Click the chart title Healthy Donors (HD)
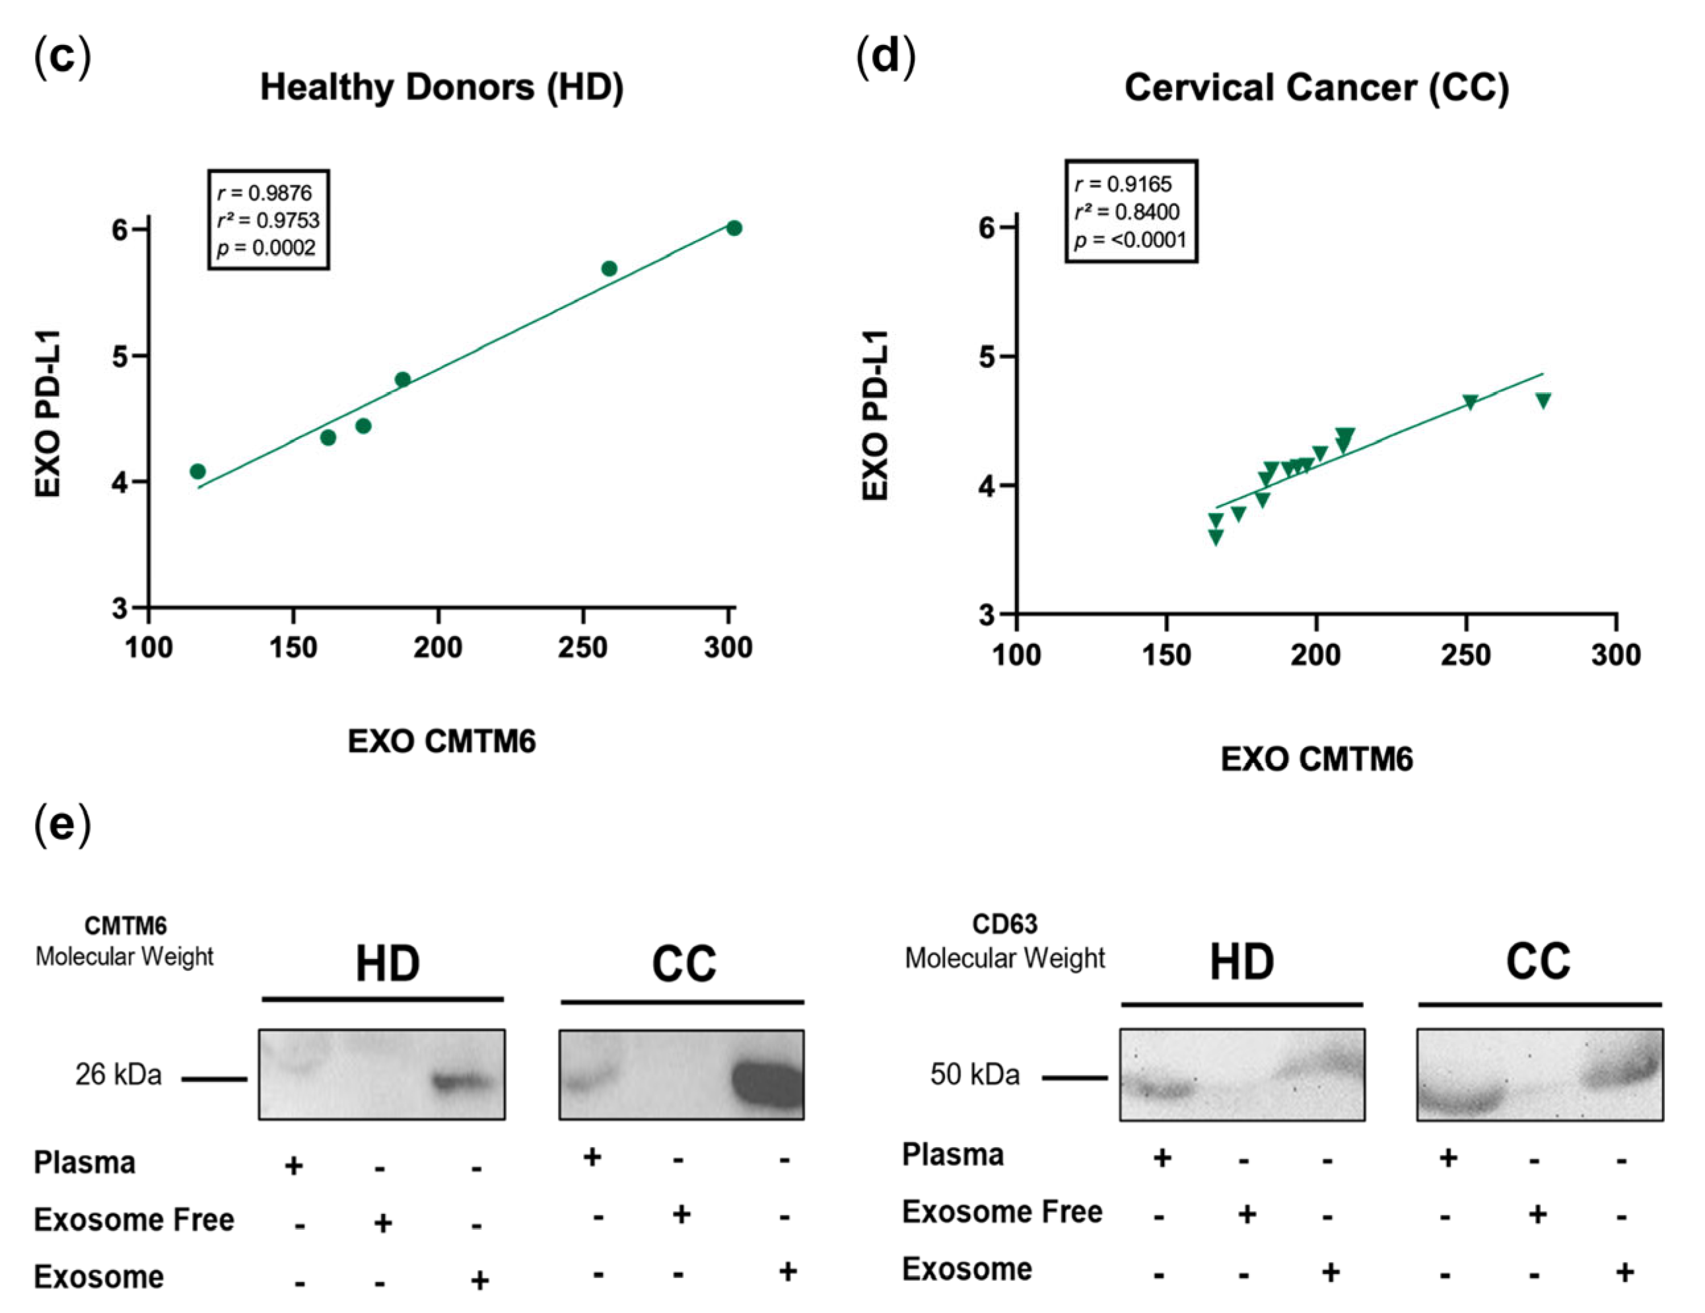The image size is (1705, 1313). click(x=442, y=87)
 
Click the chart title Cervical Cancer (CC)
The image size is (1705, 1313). click(x=1316, y=87)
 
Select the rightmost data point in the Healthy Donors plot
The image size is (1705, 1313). click(x=734, y=228)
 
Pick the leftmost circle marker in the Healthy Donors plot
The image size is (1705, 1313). click(x=197, y=472)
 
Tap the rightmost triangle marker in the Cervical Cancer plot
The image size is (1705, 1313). click(x=1543, y=400)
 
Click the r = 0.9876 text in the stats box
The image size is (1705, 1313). click(x=265, y=193)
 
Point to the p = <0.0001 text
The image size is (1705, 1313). click(x=1130, y=240)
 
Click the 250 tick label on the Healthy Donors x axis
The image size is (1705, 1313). click(x=582, y=648)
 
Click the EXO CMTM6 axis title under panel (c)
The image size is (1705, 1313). click(x=442, y=742)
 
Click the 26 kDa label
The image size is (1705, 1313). click(x=118, y=1075)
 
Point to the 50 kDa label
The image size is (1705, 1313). click(x=974, y=1075)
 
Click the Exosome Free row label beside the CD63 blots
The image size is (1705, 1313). click(x=1002, y=1213)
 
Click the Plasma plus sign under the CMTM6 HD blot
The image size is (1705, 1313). click(x=294, y=1166)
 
